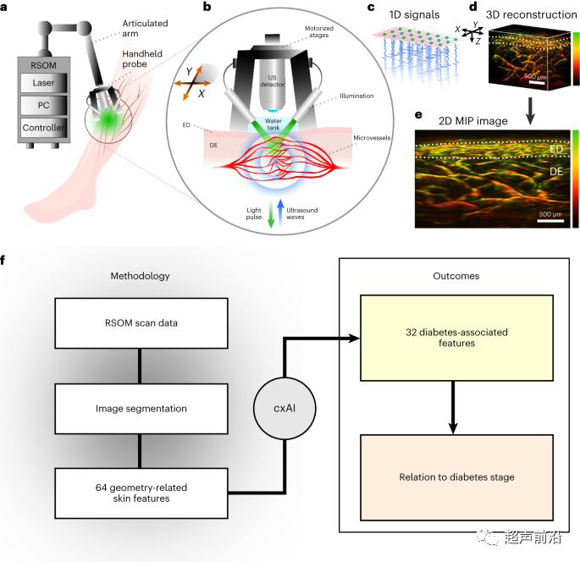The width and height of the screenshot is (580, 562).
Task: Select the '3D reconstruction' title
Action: click(533, 13)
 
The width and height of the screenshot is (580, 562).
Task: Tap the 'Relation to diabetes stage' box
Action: click(456, 477)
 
